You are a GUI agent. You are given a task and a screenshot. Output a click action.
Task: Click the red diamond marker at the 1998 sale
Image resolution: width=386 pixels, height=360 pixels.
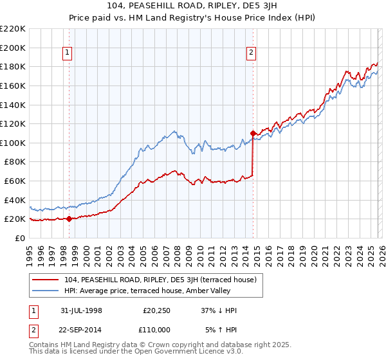coord(69,219)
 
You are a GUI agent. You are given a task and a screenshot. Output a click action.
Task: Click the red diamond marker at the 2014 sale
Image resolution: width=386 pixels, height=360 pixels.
coord(253,133)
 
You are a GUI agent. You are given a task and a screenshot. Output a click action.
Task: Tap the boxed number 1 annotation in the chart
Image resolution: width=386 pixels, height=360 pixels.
coord(68,53)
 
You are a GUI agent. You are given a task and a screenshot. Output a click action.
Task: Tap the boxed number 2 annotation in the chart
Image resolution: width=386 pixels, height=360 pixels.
coord(251,53)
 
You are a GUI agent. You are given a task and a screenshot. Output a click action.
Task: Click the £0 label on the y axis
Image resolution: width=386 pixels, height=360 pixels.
coord(21,238)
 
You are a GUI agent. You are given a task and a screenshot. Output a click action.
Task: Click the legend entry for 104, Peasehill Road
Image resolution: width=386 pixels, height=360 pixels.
coord(161,280)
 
